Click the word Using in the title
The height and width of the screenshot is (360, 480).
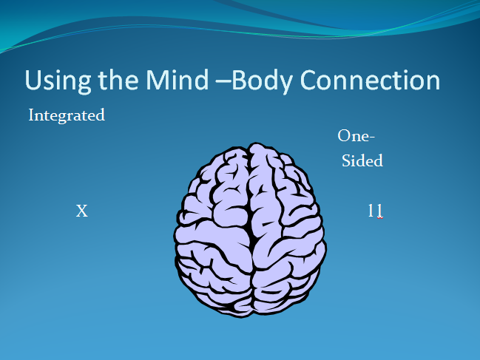coord(58,81)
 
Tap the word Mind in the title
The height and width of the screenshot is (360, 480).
coord(177,80)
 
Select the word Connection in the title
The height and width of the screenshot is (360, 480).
coord(370,80)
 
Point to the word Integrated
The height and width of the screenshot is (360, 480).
coord(67,116)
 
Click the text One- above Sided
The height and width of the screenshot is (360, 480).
coord(356,136)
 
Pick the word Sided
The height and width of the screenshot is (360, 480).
coord(362,160)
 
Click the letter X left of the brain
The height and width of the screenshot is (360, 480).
coord(82,211)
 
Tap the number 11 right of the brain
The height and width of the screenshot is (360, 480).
coord(375,211)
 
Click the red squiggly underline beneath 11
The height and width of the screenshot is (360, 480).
coord(380,218)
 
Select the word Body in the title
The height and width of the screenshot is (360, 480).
coord(262,81)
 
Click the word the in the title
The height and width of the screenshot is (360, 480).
coord(118,80)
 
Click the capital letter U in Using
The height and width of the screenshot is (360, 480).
coord(33,80)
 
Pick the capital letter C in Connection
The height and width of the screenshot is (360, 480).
coord(308,80)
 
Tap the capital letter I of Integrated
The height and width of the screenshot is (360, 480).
coord(31,115)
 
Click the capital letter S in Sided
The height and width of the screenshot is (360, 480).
coord(346,160)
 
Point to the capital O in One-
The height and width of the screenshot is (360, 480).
coord(344,136)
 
